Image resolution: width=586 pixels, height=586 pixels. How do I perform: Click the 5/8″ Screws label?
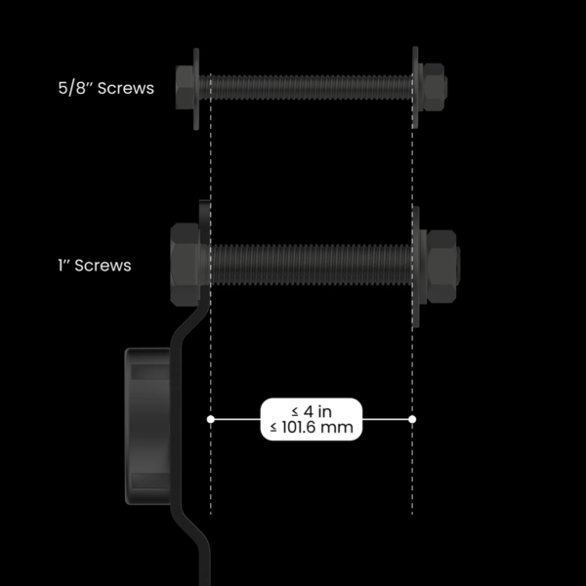coord(105,88)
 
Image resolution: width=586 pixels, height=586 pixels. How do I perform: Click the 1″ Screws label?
coord(94,265)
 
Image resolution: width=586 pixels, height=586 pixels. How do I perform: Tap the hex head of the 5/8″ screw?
coord(183,87)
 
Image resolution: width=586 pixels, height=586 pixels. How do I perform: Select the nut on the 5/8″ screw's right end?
coord(433,87)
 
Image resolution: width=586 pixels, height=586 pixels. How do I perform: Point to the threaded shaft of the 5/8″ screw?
coord(308,87)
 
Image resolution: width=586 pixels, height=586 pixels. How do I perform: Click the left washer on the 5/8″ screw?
coord(197,87)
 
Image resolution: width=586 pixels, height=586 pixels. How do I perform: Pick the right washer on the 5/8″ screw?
coord(417,87)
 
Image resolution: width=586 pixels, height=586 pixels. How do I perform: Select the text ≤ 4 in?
coord(312,411)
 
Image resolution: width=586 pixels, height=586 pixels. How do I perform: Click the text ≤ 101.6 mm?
coord(312,428)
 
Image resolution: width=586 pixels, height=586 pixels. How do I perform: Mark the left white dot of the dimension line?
coord(210,419)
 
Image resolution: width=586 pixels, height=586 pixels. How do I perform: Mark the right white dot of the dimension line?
coord(412,419)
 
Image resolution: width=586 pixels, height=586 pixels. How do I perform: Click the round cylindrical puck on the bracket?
coord(148,420)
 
